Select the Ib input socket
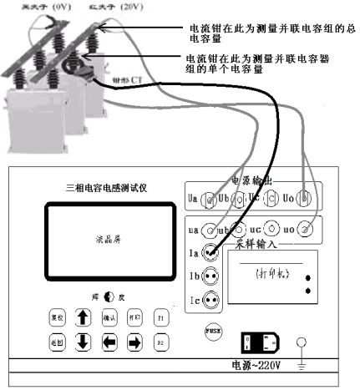(210, 275)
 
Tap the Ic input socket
(210, 298)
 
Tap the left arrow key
(109, 342)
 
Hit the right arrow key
(134, 342)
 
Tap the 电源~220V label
(256, 365)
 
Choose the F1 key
(160, 318)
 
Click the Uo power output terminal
(308, 200)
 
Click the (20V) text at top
(126, 6)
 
